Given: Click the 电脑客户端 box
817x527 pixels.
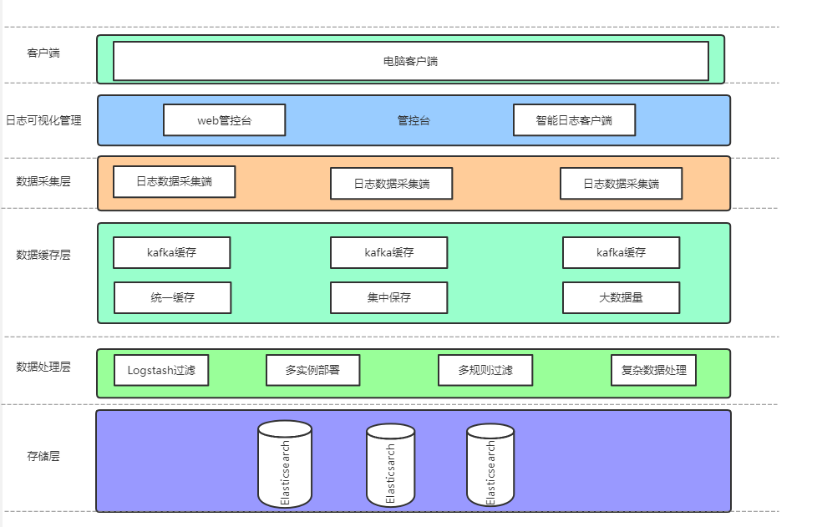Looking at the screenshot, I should click(410, 61).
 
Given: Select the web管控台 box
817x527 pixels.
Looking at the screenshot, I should click(224, 120).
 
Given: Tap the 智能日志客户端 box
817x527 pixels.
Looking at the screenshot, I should click(574, 120).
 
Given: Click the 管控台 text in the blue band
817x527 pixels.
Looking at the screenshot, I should click(414, 120).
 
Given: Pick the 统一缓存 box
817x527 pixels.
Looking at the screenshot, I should click(172, 297).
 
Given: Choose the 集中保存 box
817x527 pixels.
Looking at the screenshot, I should click(388, 297).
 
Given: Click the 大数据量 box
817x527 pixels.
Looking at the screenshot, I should click(621, 297).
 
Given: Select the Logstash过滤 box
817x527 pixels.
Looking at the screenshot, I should click(161, 370).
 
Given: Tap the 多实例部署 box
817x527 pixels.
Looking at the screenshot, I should click(312, 370).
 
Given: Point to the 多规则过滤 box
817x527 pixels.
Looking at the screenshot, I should click(485, 370).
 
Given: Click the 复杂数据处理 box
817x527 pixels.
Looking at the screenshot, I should click(653, 370).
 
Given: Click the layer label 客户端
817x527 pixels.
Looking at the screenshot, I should click(43, 53).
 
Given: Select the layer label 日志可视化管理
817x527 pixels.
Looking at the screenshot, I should click(43, 120).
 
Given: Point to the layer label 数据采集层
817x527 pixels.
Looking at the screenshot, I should click(43, 180).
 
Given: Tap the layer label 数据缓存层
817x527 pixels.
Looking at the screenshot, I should click(43, 255).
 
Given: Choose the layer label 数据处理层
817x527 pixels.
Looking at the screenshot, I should click(43, 367).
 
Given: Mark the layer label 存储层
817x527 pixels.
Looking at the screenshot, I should click(43, 456).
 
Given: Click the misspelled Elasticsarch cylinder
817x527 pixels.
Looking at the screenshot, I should click(390, 466).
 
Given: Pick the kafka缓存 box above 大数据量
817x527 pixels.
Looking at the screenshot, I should click(621, 252).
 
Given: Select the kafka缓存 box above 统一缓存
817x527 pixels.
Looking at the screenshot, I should click(171, 252).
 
